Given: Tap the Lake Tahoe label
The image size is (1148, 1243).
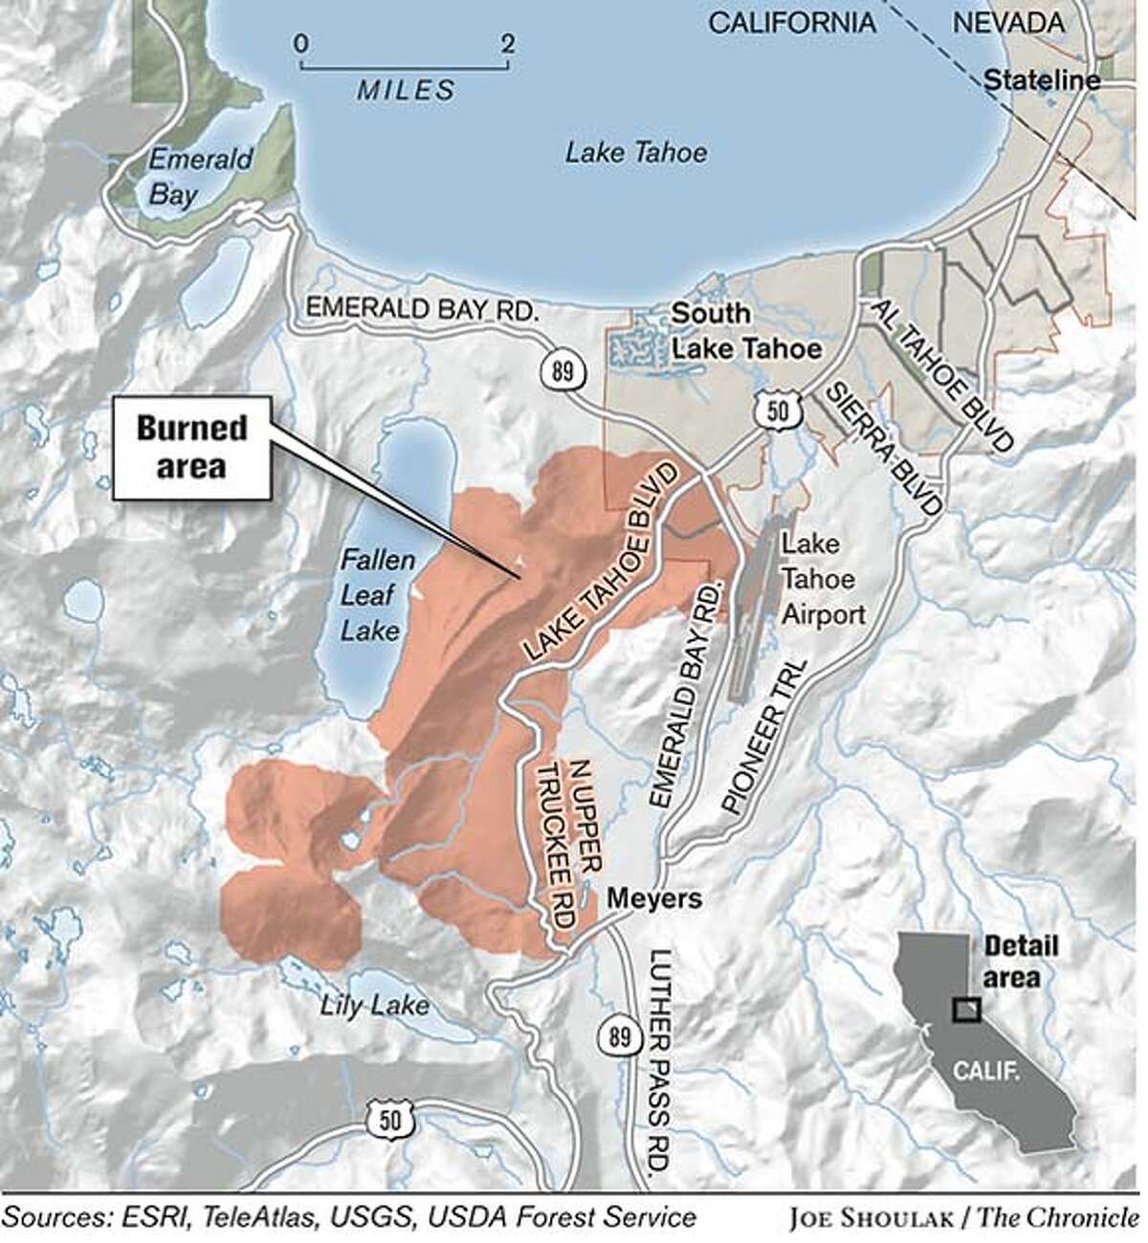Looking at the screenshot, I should [x=635, y=152].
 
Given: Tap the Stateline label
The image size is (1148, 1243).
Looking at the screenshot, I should [x=1042, y=80].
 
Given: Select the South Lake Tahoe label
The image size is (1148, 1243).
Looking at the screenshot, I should [x=746, y=331].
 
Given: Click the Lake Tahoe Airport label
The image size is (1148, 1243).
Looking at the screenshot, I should [x=824, y=578].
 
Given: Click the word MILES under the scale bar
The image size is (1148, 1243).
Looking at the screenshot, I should [x=406, y=91].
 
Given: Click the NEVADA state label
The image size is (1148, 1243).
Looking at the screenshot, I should [x=1013, y=21].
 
